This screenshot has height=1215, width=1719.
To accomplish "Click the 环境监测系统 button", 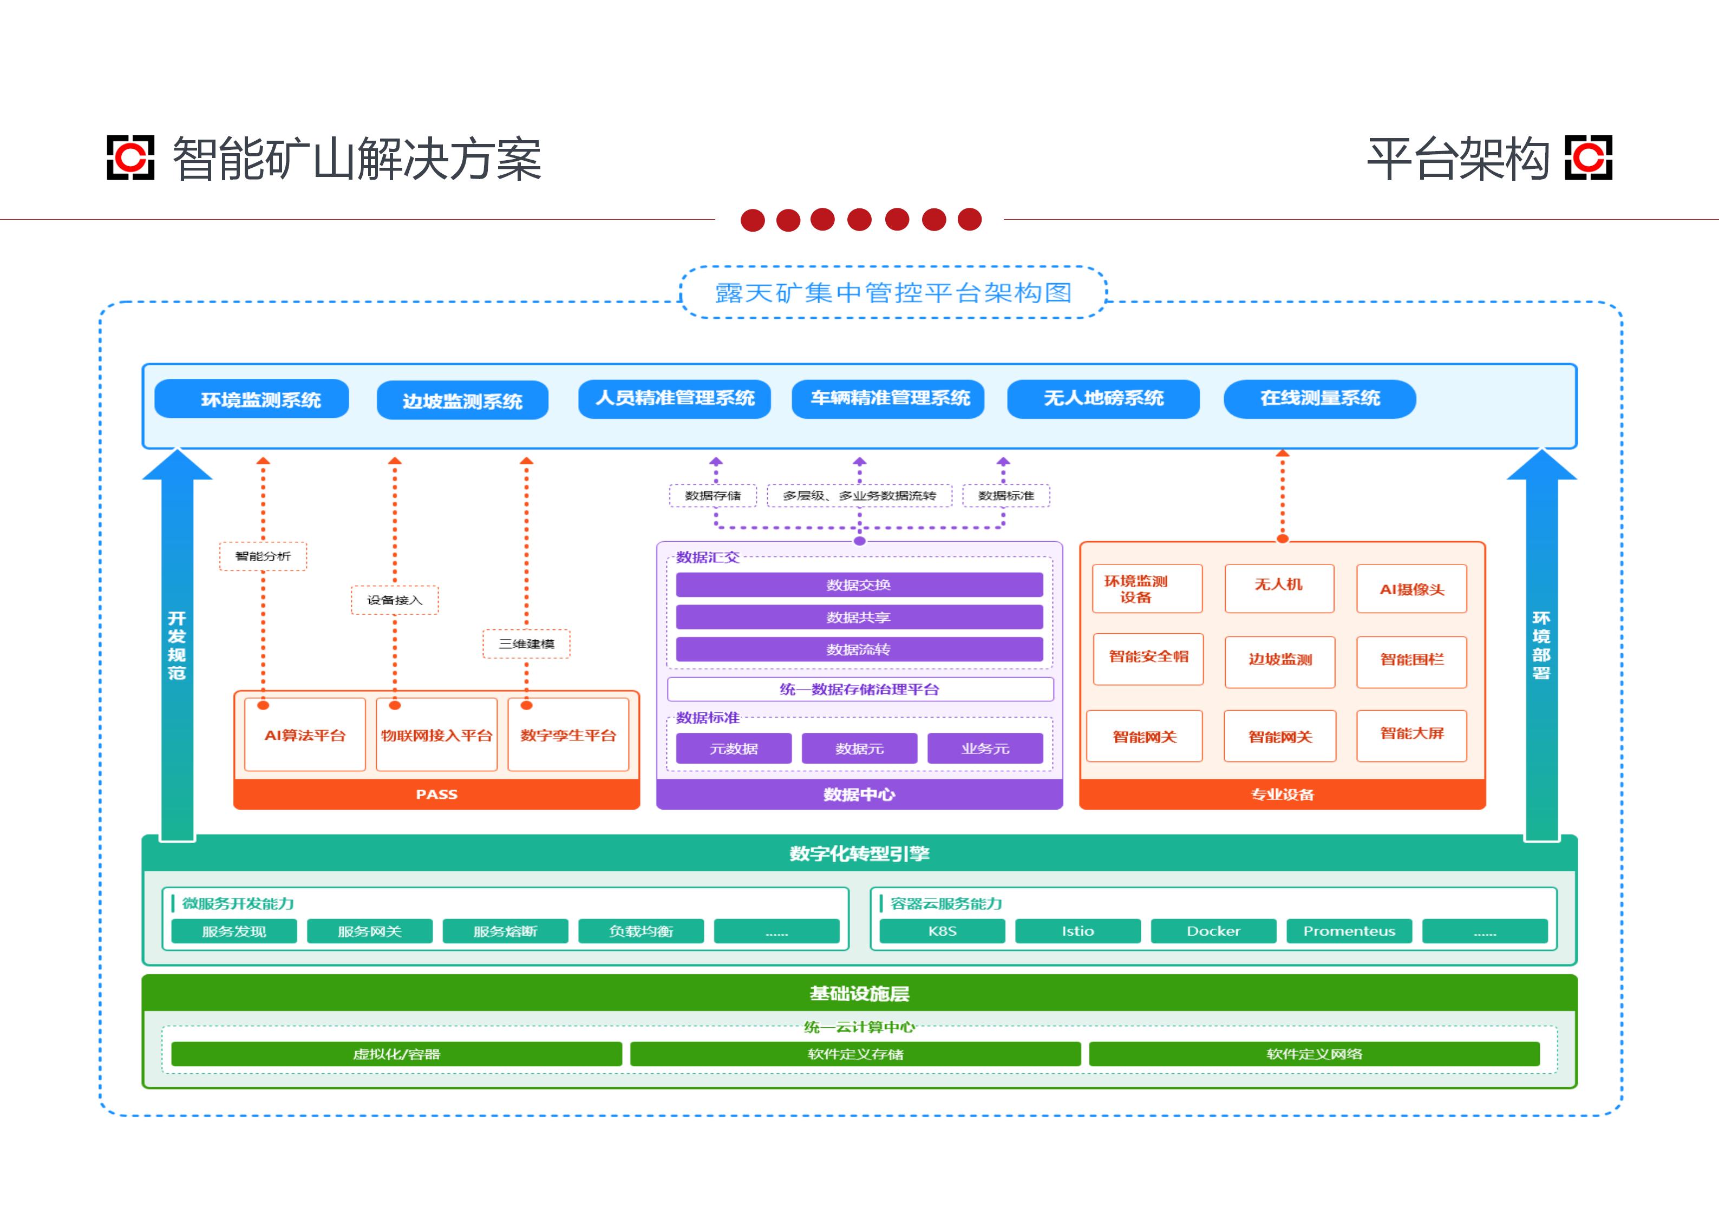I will [x=252, y=399].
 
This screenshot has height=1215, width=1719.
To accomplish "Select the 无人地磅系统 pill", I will [x=1103, y=399].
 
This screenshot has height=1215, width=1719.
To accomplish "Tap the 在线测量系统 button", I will [x=1319, y=399].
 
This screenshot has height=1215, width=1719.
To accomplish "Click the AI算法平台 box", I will [x=305, y=734].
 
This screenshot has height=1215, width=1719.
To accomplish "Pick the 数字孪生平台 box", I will [x=568, y=734].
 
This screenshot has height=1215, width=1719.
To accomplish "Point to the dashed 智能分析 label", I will [x=263, y=556].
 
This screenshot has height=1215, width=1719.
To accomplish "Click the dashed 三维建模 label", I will [x=526, y=644].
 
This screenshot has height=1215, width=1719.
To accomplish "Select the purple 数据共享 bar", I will [x=859, y=617].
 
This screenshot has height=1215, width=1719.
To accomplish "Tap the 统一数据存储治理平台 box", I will [x=860, y=689].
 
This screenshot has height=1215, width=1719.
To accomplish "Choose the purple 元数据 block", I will [x=734, y=748].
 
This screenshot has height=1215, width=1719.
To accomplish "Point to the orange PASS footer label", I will [x=436, y=794].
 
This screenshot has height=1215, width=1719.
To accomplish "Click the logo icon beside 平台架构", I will [x=1588, y=158].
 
